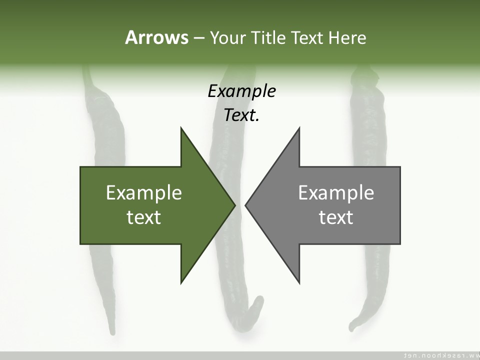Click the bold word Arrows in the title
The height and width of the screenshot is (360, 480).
click(x=156, y=37)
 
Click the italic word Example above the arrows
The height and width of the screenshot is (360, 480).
click(x=241, y=91)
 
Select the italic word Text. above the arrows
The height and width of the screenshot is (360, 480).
click(x=241, y=115)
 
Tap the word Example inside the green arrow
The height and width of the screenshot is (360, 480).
click(x=144, y=192)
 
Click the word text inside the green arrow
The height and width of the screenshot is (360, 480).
click(x=144, y=217)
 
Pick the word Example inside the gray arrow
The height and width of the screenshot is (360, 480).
click(x=336, y=192)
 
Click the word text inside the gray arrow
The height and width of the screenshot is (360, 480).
click(x=336, y=217)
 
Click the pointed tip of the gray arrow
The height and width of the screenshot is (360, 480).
click(x=246, y=204)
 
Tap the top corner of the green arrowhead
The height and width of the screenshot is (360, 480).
click(x=181, y=128)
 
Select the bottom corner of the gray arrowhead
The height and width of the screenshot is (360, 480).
click(x=299, y=282)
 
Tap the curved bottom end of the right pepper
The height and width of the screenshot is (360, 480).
click(x=351, y=327)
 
